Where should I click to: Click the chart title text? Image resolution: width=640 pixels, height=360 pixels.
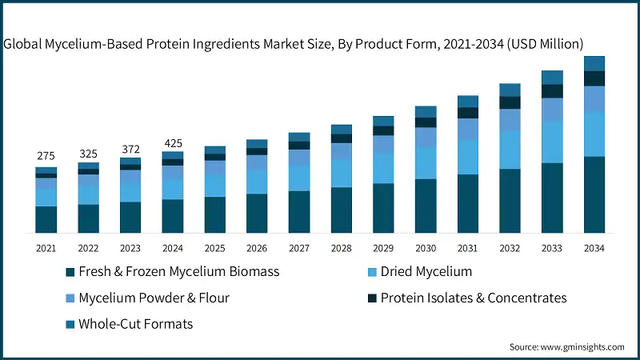(294, 43)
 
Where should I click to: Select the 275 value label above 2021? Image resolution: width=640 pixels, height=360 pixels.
(46, 156)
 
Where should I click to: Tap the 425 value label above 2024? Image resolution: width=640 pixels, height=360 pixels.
(173, 143)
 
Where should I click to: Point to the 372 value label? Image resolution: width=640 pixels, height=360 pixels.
(130, 149)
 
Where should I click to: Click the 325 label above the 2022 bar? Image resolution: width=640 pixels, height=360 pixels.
(88, 153)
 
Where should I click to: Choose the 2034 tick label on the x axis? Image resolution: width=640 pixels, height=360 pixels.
(594, 249)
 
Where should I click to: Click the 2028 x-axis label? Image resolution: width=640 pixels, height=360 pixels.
(342, 249)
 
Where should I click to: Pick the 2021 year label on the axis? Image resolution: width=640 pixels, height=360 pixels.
(46, 249)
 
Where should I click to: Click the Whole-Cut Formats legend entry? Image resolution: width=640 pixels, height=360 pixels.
(135, 324)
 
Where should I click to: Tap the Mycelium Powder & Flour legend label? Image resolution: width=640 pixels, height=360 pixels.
(154, 298)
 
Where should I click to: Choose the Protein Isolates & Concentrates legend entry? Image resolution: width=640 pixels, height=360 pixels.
(473, 298)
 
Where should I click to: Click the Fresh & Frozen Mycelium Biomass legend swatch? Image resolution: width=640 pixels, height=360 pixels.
(70, 272)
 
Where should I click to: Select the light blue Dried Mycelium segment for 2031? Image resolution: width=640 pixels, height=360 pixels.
(468, 157)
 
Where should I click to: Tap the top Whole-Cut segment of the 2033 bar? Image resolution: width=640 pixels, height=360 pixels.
(552, 77)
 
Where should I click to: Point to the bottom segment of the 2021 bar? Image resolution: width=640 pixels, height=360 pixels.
(46, 219)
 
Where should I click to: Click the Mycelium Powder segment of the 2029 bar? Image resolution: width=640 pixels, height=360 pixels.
(383, 144)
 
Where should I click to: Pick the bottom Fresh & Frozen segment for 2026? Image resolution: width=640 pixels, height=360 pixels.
(257, 213)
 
